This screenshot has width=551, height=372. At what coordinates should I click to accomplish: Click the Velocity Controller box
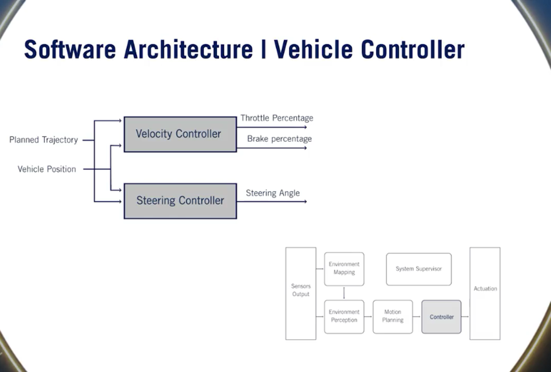(x=180, y=134)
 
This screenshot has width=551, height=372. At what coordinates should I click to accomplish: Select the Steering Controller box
(x=180, y=201)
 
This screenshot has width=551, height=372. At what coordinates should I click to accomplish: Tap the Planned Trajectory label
(x=44, y=140)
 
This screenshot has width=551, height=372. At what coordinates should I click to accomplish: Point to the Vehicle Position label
(x=47, y=169)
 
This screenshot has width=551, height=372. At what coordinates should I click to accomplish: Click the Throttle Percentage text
(x=277, y=118)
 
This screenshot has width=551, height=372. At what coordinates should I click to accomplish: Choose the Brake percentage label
(x=279, y=139)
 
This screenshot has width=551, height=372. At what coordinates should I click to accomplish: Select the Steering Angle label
(x=272, y=193)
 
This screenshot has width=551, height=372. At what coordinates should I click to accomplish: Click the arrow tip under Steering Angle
(x=306, y=202)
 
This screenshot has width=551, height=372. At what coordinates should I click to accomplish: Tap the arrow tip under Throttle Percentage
(x=306, y=127)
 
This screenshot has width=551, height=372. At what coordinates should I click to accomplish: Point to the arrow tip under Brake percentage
(x=306, y=148)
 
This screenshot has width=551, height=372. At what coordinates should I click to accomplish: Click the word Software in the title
(x=70, y=50)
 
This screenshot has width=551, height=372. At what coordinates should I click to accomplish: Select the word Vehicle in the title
(x=313, y=50)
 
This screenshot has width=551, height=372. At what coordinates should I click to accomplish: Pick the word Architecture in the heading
(x=188, y=50)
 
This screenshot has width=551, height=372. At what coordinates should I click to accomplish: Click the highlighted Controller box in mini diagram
(x=441, y=317)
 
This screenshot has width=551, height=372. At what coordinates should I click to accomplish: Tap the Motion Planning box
(x=393, y=317)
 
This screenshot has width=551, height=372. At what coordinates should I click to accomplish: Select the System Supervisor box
(x=418, y=269)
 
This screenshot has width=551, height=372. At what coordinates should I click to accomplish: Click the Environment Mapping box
(x=344, y=269)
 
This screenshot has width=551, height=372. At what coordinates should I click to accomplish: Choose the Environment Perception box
(x=344, y=317)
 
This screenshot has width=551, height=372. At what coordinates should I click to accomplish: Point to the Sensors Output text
(x=301, y=290)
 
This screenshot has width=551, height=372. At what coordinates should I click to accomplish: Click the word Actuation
(x=485, y=289)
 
